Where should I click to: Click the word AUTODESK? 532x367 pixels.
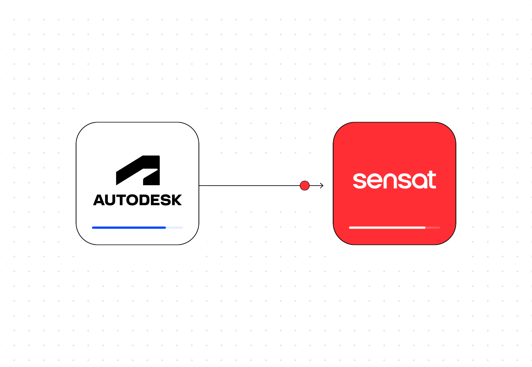coord(137,200)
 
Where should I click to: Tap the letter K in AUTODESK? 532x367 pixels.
coord(176,200)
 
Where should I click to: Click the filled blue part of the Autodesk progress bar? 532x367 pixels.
coord(129,227)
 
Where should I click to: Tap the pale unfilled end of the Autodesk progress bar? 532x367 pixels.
coord(175,227)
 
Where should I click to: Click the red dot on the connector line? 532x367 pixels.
coord(305,186)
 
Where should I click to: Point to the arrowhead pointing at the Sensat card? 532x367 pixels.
coord(322,186)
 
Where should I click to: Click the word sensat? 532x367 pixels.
coord(394,180)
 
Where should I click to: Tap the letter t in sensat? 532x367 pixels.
coord(431,180)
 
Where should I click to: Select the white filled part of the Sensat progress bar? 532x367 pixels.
coord(387,227)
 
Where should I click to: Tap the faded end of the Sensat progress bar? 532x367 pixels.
coord(433,227)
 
